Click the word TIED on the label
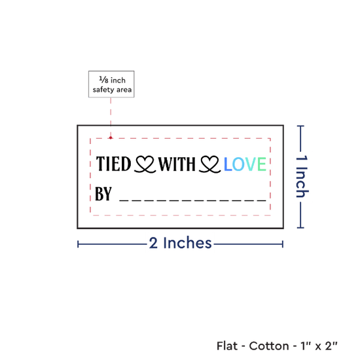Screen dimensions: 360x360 click(113, 164)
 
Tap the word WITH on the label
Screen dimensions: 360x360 click(177, 164)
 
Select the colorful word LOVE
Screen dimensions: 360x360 click(245, 164)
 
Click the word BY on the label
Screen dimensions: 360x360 click(103, 194)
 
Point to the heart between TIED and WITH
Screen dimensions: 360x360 click(145, 164)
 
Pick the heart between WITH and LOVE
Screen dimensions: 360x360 click(210, 164)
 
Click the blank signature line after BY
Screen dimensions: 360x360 click(192, 200)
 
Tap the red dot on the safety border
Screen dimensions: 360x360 click(111, 137)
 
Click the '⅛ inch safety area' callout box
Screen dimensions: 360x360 click(111, 84)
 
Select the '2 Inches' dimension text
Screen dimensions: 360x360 click(180, 243)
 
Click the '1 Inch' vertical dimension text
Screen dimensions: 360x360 click(302, 176)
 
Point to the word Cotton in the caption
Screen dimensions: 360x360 click(269, 346)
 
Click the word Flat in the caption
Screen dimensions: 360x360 click(227, 346)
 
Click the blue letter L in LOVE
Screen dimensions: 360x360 click(227, 164)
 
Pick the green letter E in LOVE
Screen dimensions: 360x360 click(262, 164)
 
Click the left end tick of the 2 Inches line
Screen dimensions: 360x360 click(78, 244)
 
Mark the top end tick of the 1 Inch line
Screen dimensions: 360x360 click(300, 126)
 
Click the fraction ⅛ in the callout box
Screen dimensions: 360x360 click(104, 80)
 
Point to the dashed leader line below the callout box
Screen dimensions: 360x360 click(111, 118)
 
